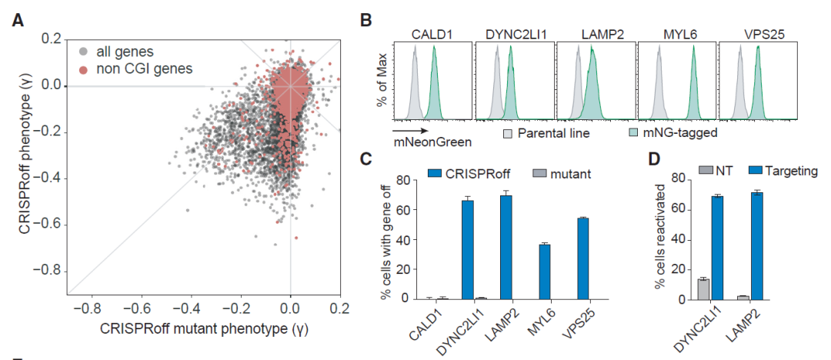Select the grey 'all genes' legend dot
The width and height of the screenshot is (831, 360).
[82, 52]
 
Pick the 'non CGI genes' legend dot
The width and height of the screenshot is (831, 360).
[82, 69]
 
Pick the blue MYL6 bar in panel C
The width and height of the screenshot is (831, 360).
[543, 272]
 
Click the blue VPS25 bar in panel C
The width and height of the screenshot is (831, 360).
[582, 258]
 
